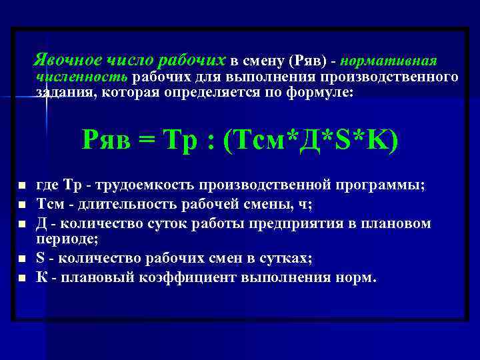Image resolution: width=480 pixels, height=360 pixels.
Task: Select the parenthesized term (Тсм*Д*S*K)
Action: [x=311, y=139]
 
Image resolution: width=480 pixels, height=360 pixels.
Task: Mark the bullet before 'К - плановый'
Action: [x=22, y=276]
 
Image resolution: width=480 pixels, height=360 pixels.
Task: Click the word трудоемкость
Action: [x=142, y=185]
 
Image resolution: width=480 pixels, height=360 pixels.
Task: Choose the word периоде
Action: [x=60, y=237]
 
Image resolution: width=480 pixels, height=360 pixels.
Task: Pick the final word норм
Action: [x=361, y=275]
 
